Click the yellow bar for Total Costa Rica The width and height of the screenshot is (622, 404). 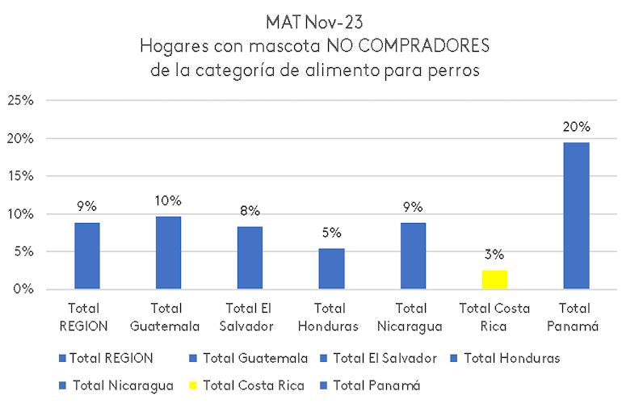494,280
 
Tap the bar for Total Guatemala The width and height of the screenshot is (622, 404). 168,253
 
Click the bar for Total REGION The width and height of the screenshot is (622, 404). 87,256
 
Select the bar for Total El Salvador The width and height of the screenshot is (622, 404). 250,258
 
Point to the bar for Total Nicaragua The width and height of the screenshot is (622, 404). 413,256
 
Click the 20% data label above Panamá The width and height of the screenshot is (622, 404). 576,127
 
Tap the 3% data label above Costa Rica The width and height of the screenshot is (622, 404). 494,255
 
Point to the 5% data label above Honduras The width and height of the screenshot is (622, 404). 331,234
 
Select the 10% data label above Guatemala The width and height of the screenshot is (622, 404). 168,200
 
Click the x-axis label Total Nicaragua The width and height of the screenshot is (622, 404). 413,317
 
